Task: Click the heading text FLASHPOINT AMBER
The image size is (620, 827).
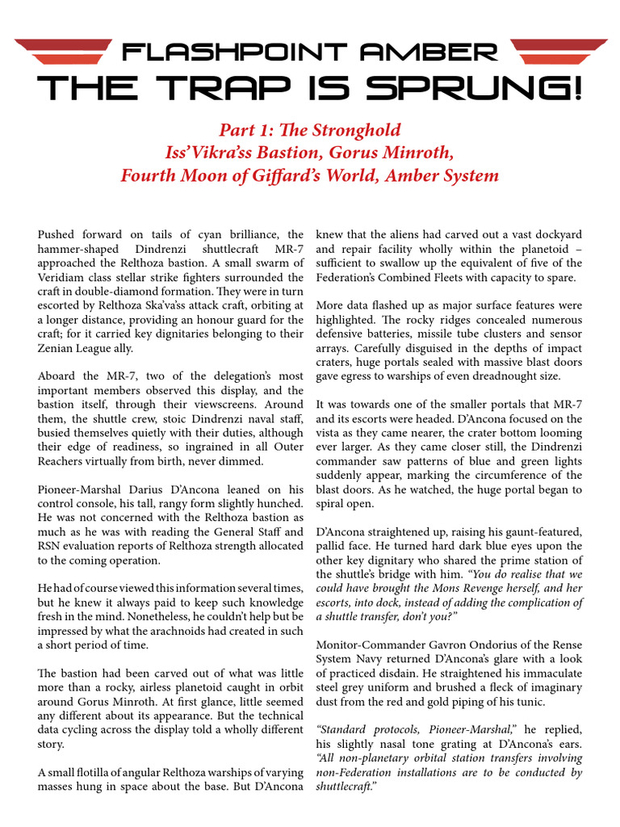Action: click(310, 52)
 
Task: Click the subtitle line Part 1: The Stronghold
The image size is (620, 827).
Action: click(310, 130)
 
